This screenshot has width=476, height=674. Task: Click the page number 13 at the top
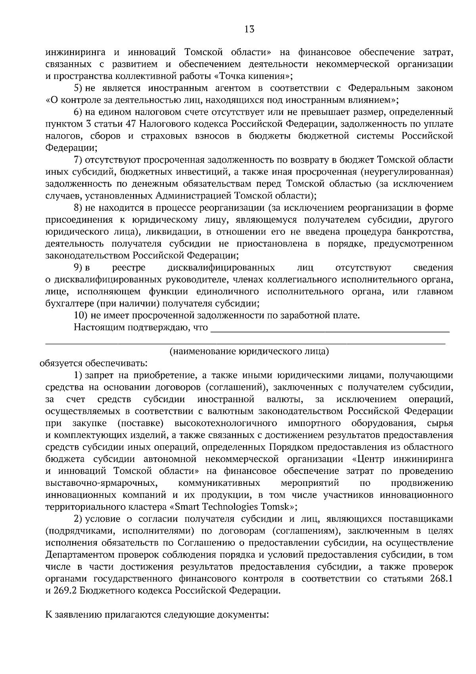point(250,29)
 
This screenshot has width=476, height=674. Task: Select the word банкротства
point(427,231)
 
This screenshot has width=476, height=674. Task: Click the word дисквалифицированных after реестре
point(221,268)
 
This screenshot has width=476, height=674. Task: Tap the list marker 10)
point(81,316)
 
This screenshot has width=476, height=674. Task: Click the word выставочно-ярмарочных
point(100,483)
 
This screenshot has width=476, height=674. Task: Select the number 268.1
point(441,579)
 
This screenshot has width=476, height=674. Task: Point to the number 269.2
point(65,591)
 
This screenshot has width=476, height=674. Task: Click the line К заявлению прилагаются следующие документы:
point(157,615)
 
